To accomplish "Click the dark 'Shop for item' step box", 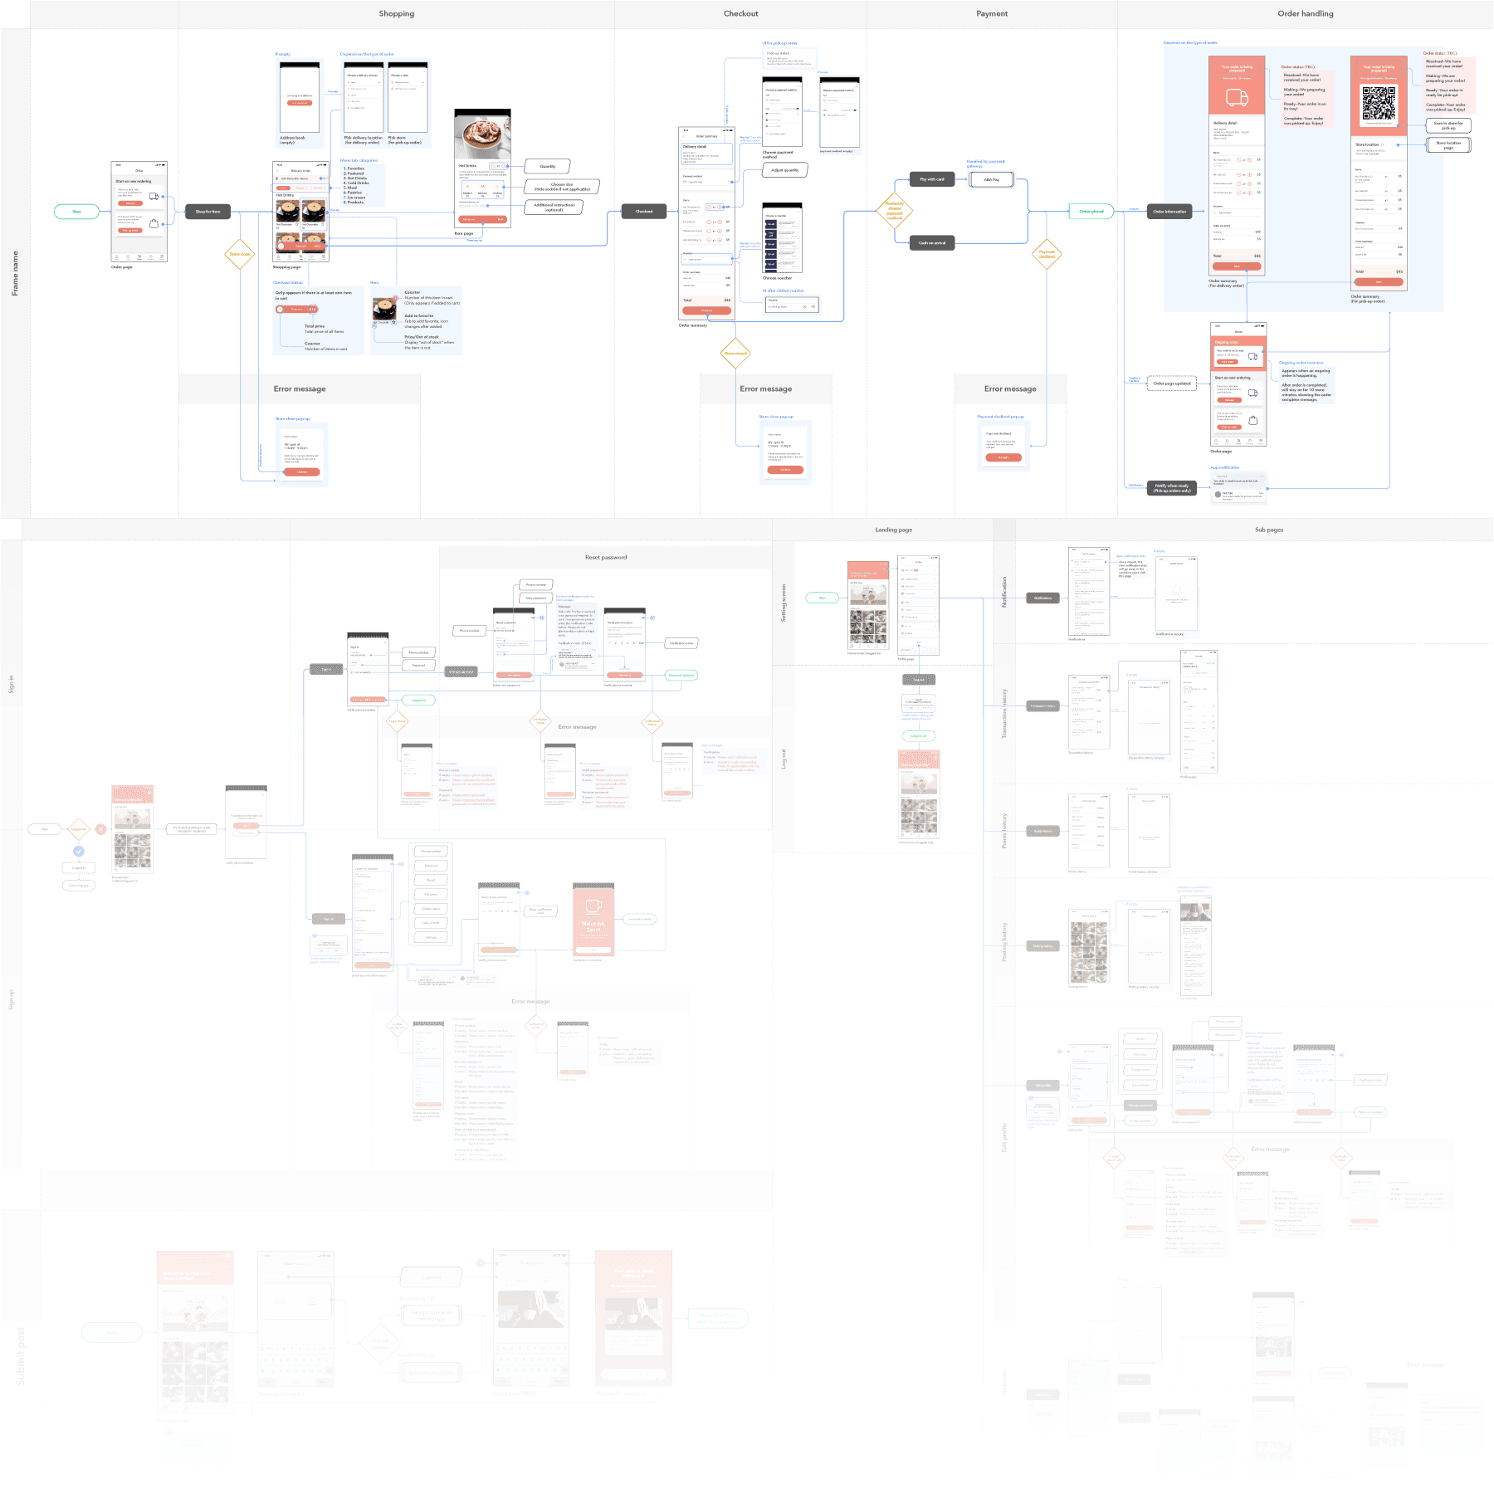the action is pos(207,212).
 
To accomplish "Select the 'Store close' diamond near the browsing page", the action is pos(240,254).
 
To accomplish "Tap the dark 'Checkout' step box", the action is pos(644,212).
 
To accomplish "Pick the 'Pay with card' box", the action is pos(931,179).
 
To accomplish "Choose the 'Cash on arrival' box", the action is pos(931,243).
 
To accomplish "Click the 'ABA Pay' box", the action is pos(991,179).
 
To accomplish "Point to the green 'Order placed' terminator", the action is pos(1091,212).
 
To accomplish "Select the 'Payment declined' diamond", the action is pos(1047,254).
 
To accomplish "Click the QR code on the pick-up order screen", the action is pos(1379,103).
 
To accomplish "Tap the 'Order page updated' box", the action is pos(1171,383).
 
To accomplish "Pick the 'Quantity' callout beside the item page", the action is pos(548,167).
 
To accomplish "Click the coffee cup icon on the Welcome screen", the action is pos(593,906).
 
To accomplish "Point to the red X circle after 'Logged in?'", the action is pos(100,828).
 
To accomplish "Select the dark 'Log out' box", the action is pos(919,680).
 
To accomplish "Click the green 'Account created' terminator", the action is pos(640,919).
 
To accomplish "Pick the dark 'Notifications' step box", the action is pos(1042,598).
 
